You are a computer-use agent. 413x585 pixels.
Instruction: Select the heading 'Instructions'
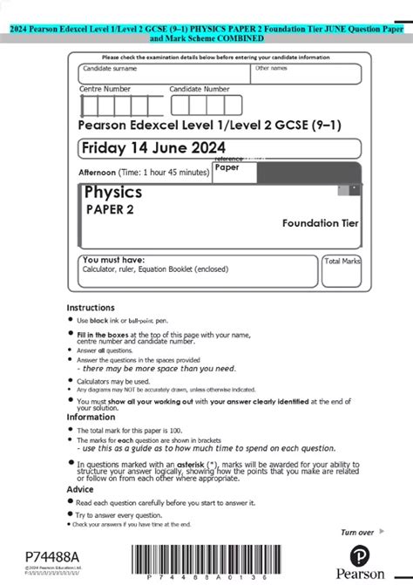point(91,307)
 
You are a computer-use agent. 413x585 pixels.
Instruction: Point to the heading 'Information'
point(90,417)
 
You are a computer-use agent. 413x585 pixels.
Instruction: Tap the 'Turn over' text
point(357,532)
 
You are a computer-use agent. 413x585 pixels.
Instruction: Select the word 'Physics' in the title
point(113,192)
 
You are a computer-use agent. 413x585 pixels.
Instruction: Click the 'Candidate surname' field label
point(109,68)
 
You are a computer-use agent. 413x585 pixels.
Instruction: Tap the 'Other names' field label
point(270,67)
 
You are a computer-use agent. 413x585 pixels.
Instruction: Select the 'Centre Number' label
point(105,89)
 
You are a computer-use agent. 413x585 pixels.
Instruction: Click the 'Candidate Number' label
point(200,89)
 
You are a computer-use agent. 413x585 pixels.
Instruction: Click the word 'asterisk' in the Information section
point(201,465)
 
